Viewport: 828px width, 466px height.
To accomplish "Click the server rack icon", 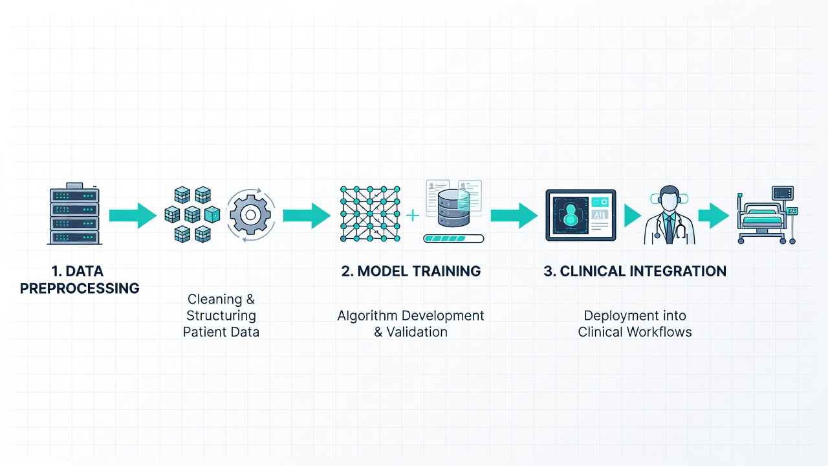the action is tap(74, 214).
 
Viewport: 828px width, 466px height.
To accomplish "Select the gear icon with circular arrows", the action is tap(250, 215).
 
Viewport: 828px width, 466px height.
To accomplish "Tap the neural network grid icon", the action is tap(370, 214).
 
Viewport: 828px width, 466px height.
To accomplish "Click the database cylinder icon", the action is tap(453, 208).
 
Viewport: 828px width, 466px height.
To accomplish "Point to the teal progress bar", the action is tap(453, 239).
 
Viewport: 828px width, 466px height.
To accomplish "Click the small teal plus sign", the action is tap(413, 216).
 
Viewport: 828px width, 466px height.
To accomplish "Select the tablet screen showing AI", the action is tap(581, 216).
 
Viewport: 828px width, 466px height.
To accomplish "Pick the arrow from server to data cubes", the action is tap(133, 216).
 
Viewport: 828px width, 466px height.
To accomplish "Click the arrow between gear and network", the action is tap(307, 216).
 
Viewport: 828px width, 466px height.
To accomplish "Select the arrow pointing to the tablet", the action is tap(514, 216).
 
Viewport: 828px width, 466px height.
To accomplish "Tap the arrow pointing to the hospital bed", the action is tap(714, 216).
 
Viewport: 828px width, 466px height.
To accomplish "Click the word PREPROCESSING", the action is tap(80, 288).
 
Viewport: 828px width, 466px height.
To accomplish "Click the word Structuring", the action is tap(221, 316).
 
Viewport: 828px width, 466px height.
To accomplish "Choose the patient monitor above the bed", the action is tap(783, 193).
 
